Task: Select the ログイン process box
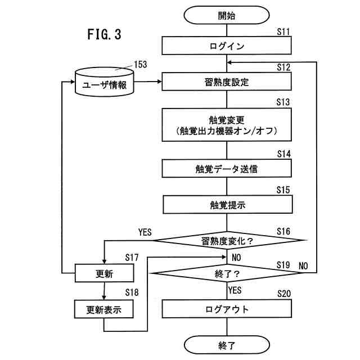227,46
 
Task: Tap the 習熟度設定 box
227,82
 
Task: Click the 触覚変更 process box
227,125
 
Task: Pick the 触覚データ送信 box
227,168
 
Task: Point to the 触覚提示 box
227,205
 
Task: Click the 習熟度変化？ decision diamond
227,241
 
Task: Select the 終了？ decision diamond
227,274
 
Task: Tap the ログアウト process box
227,309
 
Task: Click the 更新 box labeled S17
104,274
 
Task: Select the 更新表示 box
104,309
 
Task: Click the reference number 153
140,64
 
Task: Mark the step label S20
284,294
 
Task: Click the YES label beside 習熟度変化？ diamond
146,232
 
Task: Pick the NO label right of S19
303,264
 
